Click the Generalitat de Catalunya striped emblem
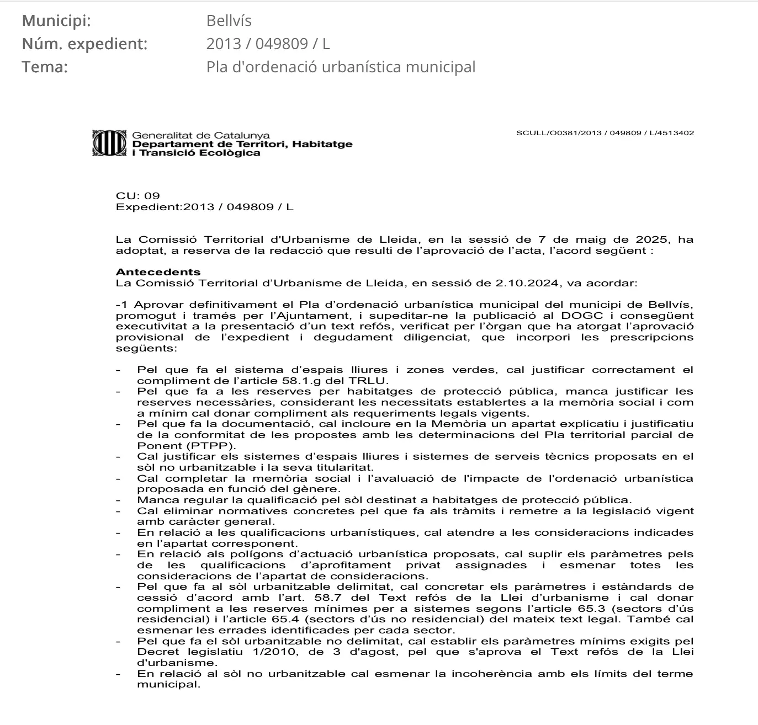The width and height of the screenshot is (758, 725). (109, 143)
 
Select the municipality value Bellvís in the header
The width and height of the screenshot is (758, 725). (229, 21)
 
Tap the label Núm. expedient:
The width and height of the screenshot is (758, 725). (84, 44)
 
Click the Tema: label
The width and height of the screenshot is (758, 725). (45, 67)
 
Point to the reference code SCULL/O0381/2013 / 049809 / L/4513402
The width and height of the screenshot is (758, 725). (605, 133)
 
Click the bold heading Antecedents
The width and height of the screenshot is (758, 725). (158, 272)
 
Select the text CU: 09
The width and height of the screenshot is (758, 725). (137, 196)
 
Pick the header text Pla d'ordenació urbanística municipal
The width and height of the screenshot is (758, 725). (341, 67)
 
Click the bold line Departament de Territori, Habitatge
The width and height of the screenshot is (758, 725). (242, 144)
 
